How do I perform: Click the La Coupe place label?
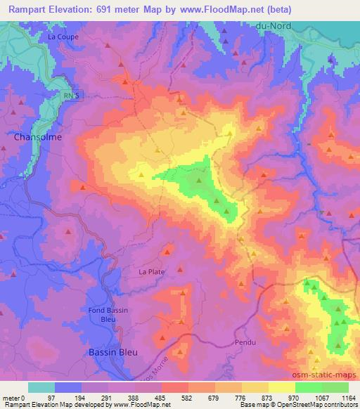coord(63,37)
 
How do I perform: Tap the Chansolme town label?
coord(37,137)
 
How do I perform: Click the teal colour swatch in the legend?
coord(41,388)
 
